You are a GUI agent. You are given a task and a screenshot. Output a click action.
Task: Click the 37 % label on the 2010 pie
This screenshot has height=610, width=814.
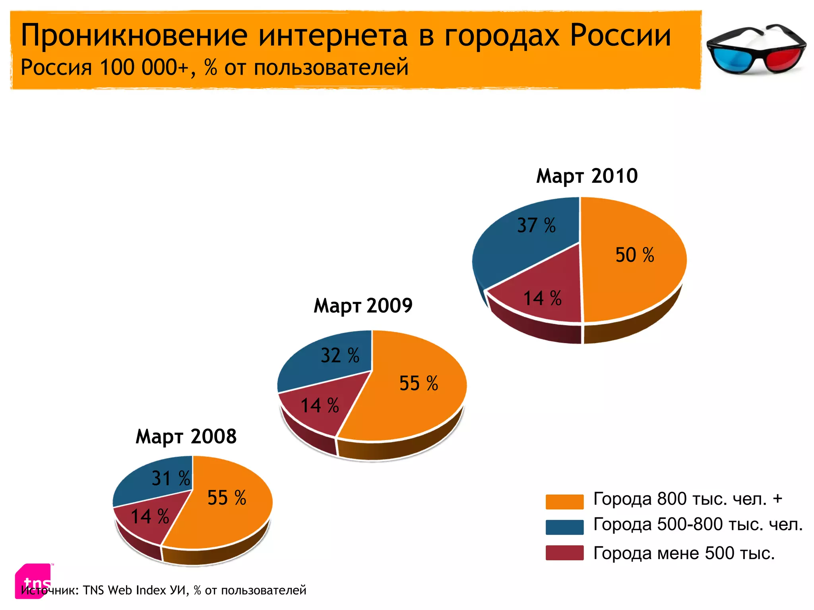[536, 225]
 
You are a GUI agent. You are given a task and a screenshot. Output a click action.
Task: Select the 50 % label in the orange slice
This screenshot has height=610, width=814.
[635, 255]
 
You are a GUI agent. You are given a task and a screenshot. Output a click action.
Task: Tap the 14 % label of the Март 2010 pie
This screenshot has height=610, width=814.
[542, 298]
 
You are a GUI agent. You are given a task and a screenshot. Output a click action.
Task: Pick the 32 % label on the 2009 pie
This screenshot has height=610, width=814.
[340, 355]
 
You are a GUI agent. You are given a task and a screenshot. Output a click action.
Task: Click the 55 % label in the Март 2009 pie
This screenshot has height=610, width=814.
[419, 384]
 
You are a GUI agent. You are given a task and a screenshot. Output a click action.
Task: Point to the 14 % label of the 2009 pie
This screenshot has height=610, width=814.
[320, 405]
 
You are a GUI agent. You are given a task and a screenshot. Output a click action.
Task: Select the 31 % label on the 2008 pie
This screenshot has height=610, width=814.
[171, 478]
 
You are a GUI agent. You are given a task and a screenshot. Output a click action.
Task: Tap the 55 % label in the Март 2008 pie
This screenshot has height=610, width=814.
[227, 498]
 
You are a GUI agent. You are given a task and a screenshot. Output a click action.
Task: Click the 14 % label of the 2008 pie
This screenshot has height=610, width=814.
[150, 517]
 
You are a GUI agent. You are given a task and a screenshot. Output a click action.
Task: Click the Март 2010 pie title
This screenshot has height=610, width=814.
[587, 176]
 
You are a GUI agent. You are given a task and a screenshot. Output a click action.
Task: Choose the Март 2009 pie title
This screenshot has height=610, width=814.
[363, 306]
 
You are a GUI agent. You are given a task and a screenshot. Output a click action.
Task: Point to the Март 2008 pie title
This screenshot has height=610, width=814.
[186, 436]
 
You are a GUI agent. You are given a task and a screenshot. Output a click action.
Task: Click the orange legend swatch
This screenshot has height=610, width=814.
[564, 502]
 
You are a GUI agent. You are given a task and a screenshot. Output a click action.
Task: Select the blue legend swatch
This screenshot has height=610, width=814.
[564, 527]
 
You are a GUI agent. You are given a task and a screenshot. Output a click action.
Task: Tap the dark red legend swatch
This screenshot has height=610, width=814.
[564, 553]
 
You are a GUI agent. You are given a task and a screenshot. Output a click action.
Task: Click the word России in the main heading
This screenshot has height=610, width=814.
[620, 36]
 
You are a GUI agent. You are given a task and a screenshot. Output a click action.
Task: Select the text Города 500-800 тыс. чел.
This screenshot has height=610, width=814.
[698, 525]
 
